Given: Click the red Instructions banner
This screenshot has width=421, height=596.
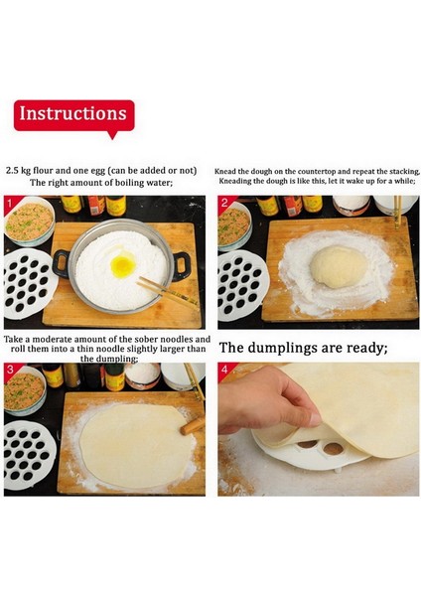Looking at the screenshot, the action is (x=74, y=115).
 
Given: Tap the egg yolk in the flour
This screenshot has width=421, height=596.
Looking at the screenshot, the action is (x=123, y=265).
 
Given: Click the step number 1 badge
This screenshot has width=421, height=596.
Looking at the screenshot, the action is (x=10, y=203).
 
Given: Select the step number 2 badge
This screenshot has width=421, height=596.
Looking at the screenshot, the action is (x=224, y=203).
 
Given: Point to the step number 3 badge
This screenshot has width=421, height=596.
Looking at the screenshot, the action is (x=10, y=370).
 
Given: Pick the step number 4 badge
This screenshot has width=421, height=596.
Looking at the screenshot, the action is (x=224, y=370).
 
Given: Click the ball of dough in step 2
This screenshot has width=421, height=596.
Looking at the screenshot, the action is (x=339, y=266).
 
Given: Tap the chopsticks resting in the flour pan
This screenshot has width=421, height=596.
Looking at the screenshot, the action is (x=168, y=292).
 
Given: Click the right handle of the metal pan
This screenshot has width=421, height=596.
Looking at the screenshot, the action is (x=182, y=266).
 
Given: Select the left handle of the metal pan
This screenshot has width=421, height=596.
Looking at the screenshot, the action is (x=61, y=263).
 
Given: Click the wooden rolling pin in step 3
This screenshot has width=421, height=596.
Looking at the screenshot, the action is (x=193, y=426).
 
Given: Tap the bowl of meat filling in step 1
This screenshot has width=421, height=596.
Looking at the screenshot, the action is (x=29, y=222).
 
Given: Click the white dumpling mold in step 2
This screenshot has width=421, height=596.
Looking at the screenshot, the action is (x=242, y=283).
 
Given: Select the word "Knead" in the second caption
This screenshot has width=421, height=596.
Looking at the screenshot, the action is (x=225, y=172).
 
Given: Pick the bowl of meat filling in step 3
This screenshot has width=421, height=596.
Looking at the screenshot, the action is (x=25, y=390).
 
